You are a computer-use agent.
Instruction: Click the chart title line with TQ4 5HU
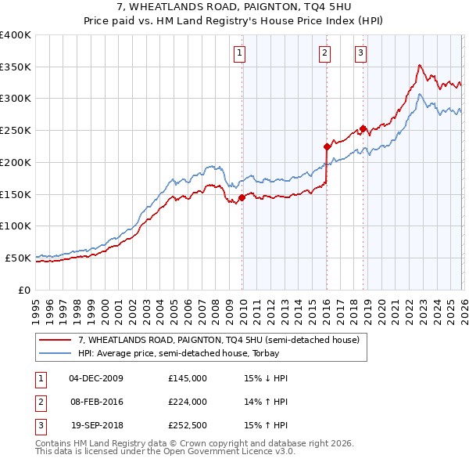pyautogui.click(x=234, y=8)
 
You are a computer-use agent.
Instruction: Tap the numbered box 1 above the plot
pyautogui.click(x=238, y=53)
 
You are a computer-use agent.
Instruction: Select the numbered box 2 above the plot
pyautogui.click(x=324, y=53)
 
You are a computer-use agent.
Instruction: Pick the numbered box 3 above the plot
pyautogui.click(x=360, y=53)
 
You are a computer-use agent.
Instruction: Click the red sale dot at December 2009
pyautogui.click(x=242, y=197)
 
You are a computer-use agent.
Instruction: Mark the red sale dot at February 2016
pyautogui.click(x=327, y=146)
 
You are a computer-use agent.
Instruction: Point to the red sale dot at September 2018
pyautogui.click(x=363, y=128)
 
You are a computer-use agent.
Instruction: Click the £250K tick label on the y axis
pyautogui.click(x=16, y=130)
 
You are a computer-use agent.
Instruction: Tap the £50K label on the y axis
pyautogui.click(x=19, y=258)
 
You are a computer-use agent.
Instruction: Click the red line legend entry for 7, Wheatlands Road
pyautogui.click(x=218, y=340)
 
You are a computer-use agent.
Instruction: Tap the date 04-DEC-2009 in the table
pyautogui.click(x=96, y=378)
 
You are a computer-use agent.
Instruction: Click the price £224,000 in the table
pyautogui.click(x=188, y=402)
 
